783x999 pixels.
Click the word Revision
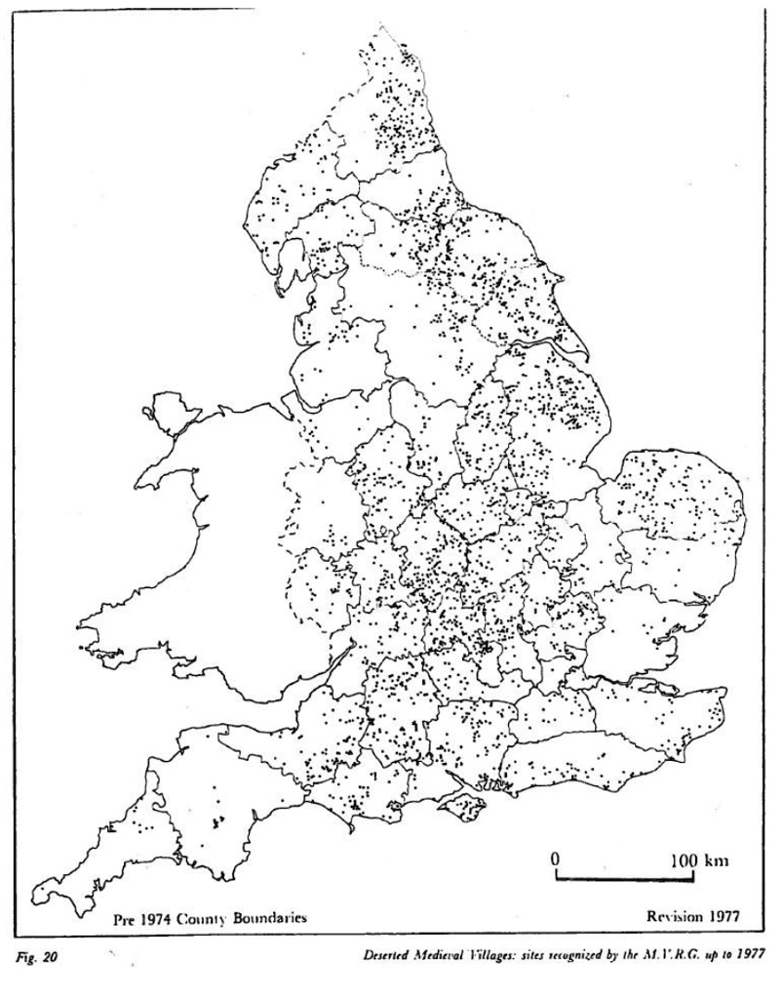point(675,917)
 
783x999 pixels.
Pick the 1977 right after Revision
point(723,917)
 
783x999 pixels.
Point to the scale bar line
point(624,879)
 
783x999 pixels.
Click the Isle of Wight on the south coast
point(459,805)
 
